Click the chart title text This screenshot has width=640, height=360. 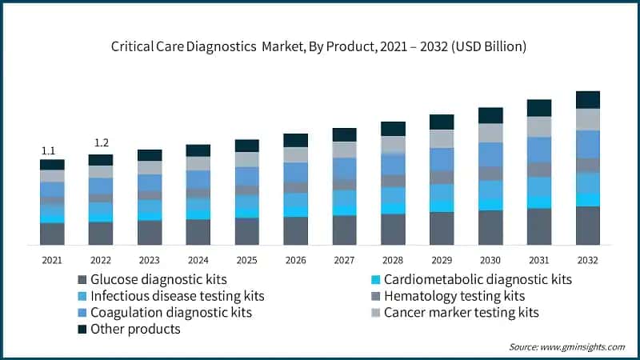click(318, 46)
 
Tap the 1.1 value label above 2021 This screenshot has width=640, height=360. click(48, 150)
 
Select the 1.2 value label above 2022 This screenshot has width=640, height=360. click(101, 143)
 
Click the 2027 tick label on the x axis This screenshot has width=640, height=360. click(344, 260)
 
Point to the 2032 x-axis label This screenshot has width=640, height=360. click(587, 260)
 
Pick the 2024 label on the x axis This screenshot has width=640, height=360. click(198, 260)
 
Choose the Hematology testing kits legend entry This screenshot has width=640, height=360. click(457, 296)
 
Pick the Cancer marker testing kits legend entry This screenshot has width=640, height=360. click(461, 312)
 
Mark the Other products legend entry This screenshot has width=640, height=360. click(135, 329)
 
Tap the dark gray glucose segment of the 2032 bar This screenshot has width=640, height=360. click(587, 225)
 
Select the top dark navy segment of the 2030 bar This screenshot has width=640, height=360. click(490, 115)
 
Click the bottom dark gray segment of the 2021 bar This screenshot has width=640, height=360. click(52, 233)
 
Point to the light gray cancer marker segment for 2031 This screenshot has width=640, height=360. click(538, 126)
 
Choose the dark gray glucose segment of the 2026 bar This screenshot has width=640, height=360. click(295, 230)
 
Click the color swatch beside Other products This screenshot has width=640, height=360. click(82, 329)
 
